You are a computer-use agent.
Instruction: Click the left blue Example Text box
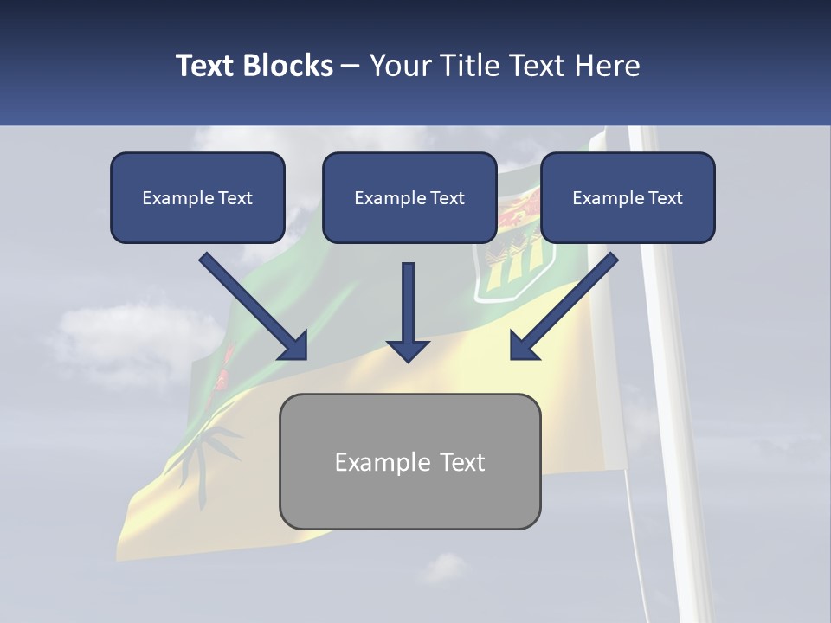[197, 198]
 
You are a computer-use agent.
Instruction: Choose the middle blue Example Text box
[409, 198]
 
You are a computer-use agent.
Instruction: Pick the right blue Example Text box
[628, 198]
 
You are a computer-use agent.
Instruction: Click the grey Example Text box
[409, 461]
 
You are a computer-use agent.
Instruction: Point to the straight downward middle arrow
[408, 303]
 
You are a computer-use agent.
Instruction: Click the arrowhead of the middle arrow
[408, 349]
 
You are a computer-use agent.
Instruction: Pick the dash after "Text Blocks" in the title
[351, 66]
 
